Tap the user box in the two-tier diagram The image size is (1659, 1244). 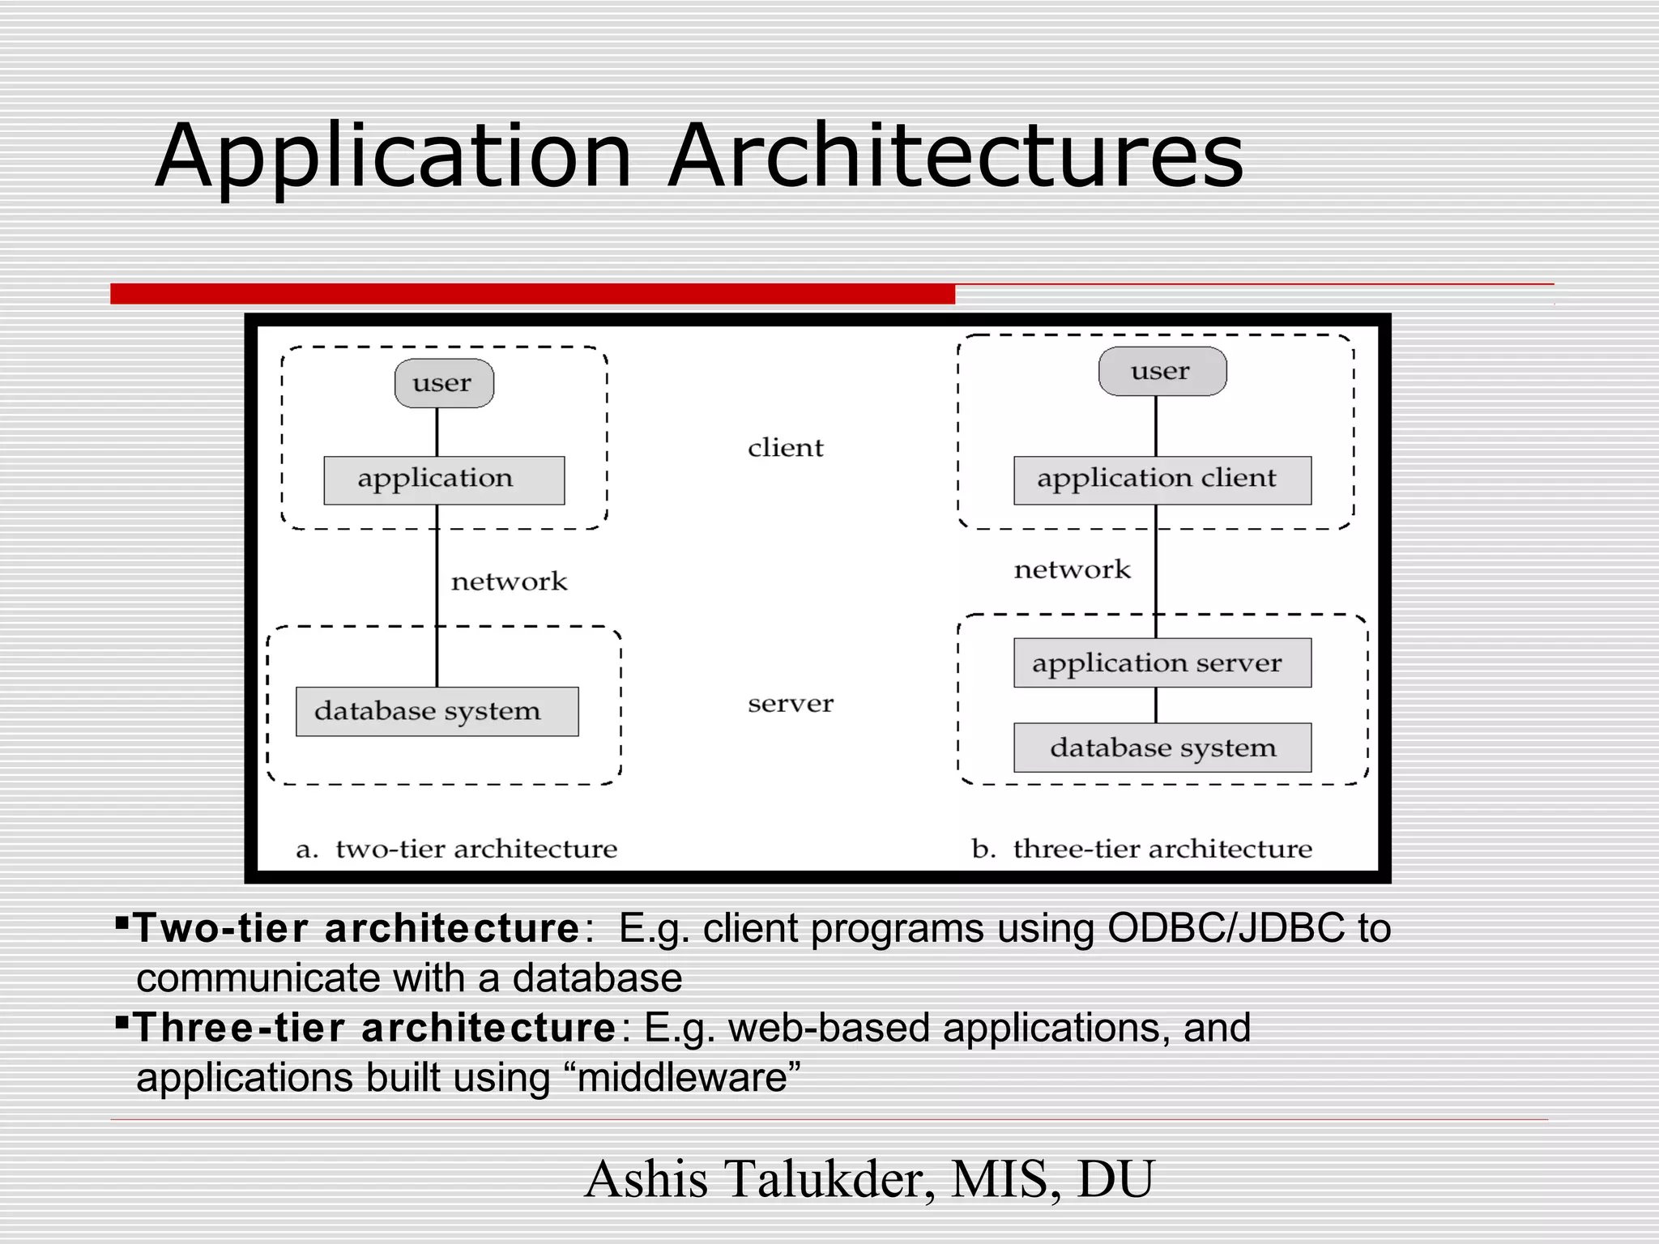coord(444,383)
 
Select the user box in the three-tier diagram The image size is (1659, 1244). coord(1162,372)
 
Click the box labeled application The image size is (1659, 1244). coord(444,479)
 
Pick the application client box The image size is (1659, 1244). coord(1162,479)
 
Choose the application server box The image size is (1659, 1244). coord(1162,663)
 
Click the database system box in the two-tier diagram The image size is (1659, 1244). coord(437,712)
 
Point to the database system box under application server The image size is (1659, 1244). coord(1162,748)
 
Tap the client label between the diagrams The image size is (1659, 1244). coord(785,448)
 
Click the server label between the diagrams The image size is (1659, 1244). coord(790,704)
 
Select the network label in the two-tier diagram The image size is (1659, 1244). coord(509,582)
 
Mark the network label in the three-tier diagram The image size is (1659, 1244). coord(1072,570)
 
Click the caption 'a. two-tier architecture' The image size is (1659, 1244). coord(456,849)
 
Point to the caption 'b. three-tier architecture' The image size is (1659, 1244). coord(1141,849)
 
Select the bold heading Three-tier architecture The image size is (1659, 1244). coord(375,1028)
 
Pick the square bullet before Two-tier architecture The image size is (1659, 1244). coord(122,922)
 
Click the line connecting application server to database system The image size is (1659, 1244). coord(1156,705)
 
